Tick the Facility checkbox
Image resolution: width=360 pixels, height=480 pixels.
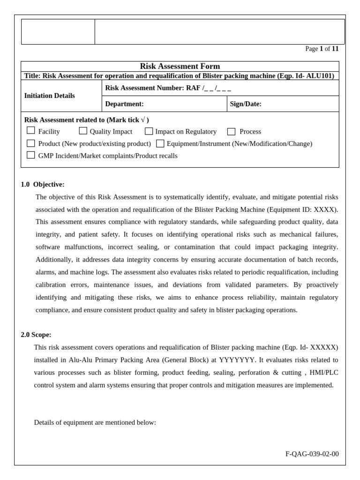(x=30, y=131)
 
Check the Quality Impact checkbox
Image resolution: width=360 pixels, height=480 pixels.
(x=83, y=131)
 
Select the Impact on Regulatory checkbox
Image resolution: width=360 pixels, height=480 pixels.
(x=149, y=131)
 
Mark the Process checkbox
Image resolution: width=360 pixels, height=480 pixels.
(x=231, y=132)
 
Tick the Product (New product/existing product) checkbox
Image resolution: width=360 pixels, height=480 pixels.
(x=30, y=143)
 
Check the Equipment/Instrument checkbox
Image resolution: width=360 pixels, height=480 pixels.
(x=160, y=143)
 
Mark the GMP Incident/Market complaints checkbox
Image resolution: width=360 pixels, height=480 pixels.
(x=30, y=155)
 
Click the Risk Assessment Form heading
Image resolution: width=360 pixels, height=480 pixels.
(x=180, y=67)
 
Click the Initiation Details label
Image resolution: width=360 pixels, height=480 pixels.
(x=49, y=96)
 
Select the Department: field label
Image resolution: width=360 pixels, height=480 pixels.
(x=124, y=104)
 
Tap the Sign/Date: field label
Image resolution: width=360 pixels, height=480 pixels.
(x=246, y=104)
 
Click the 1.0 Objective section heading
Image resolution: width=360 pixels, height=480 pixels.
(x=43, y=184)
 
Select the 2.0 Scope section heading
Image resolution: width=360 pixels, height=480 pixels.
(x=36, y=335)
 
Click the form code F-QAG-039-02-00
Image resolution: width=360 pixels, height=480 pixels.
(x=312, y=454)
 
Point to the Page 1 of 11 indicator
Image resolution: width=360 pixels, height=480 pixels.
(x=322, y=49)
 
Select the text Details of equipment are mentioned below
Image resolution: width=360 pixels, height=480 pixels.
(x=95, y=422)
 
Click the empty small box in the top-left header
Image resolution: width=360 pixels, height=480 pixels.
(x=58, y=32)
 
